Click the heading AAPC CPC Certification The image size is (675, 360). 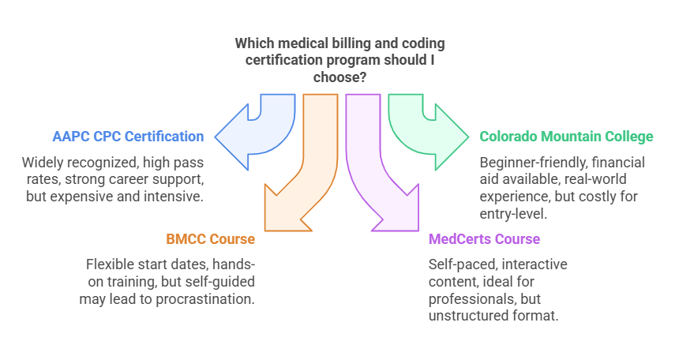point(128,137)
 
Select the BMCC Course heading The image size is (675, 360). point(210,238)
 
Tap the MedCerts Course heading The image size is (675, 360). point(484,238)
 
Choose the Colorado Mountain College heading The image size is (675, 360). point(567,137)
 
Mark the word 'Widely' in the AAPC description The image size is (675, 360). point(42,163)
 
